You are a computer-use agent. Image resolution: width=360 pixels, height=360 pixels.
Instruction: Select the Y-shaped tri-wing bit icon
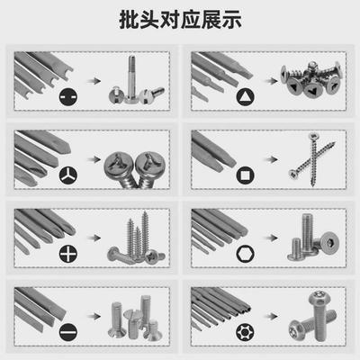[x=67, y=174]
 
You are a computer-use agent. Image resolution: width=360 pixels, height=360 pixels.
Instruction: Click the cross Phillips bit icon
[x=67, y=253]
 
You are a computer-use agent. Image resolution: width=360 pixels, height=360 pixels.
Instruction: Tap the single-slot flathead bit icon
[x=67, y=330]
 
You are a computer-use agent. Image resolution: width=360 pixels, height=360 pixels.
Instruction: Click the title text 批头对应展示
[x=180, y=20]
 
